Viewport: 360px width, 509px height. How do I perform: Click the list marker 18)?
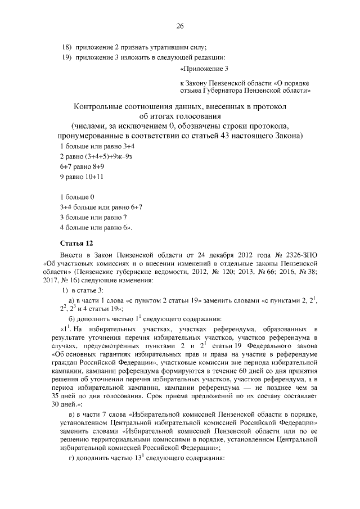click(66, 47)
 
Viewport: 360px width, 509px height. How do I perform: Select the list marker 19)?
click(66, 57)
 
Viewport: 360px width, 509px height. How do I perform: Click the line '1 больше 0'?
click(76, 197)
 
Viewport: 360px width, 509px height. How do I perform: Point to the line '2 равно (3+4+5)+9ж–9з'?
click(96, 157)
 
